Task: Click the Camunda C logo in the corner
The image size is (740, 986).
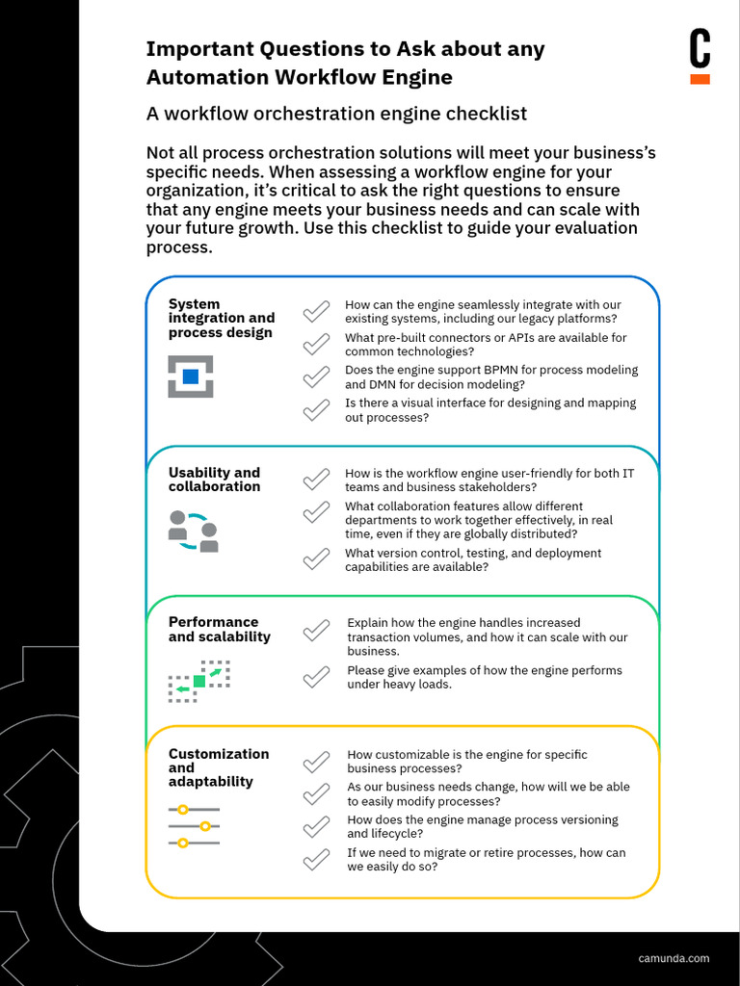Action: click(700, 57)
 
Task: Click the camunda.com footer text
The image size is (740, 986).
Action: click(674, 958)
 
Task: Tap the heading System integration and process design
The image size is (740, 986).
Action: click(222, 318)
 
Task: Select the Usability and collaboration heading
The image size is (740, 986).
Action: click(214, 480)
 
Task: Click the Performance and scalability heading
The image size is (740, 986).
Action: click(219, 629)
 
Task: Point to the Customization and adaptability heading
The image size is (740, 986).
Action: click(219, 767)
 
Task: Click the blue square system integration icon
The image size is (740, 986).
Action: click(191, 376)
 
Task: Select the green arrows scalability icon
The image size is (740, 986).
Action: click(199, 681)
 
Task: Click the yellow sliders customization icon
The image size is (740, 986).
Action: click(194, 826)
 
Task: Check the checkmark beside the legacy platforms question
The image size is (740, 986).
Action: click(316, 312)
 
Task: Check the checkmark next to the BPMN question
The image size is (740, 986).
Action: click(316, 377)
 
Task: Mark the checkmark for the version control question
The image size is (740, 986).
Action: click(316, 559)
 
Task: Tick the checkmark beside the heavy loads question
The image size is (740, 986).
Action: click(316, 677)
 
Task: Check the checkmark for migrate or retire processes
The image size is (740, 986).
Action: click(316, 859)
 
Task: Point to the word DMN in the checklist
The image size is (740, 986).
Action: click(383, 385)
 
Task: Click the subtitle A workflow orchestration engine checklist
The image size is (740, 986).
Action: click(336, 114)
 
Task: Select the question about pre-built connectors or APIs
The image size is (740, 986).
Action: click(486, 345)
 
